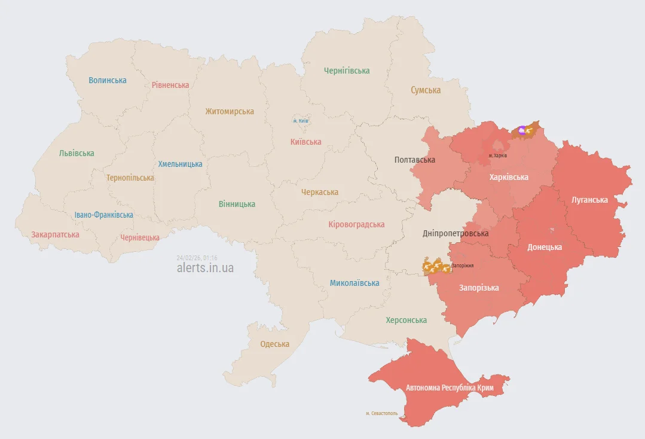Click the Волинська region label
click(x=108, y=80)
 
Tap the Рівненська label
click(x=170, y=85)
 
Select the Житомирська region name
click(x=230, y=111)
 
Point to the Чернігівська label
click(x=347, y=71)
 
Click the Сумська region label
click(x=426, y=90)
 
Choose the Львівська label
click(x=77, y=153)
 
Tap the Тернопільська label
click(x=130, y=178)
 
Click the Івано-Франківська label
click(x=104, y=215)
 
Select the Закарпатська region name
click(x=56, y=234)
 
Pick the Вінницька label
click(x=237, y=204)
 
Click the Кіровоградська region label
click(x=356, y=224)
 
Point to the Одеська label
click(x=275, y=344)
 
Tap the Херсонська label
click(x=406, y=320)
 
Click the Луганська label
click(x=589, y=200)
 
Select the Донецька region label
click(x=545, y=247)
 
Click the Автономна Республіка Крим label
click(x=450, y=388)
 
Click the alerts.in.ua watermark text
click(x=205, y=268)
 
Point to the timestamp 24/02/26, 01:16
click(x=197, y=258)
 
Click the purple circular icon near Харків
click(x=522, y=130)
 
